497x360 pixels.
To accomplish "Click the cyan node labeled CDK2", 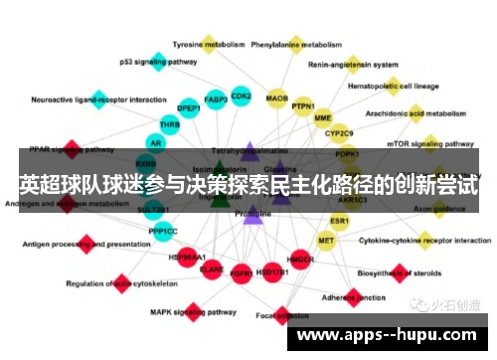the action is tap(241, 96).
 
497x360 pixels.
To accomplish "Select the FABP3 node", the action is tap(216, 99).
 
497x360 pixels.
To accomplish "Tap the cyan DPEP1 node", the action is tap(188, 108).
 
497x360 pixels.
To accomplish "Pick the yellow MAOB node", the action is tap(277, 98).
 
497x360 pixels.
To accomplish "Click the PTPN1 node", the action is tap(304, 106).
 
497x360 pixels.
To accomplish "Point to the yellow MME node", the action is tap(322, 118).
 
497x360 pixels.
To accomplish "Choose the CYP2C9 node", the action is tap(340, 133).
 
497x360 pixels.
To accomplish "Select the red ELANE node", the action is tap(212, 268).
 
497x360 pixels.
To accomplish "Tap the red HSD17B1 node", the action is tap(270, 271).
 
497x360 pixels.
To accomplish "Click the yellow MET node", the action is tap(326, 241).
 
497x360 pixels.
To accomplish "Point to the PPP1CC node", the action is tap(163, 231).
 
